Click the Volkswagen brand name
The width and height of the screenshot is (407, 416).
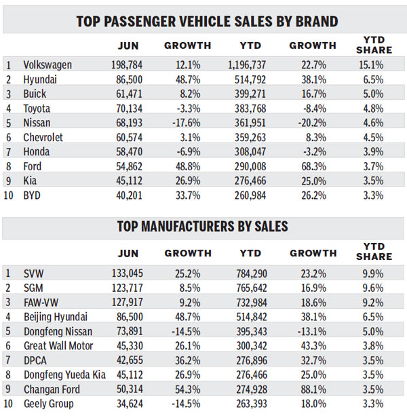48,65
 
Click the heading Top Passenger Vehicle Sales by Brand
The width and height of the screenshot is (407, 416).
203,20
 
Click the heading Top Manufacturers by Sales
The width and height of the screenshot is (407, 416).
203,226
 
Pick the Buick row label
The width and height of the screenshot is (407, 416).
35,94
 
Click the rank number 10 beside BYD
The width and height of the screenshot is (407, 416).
9,195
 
